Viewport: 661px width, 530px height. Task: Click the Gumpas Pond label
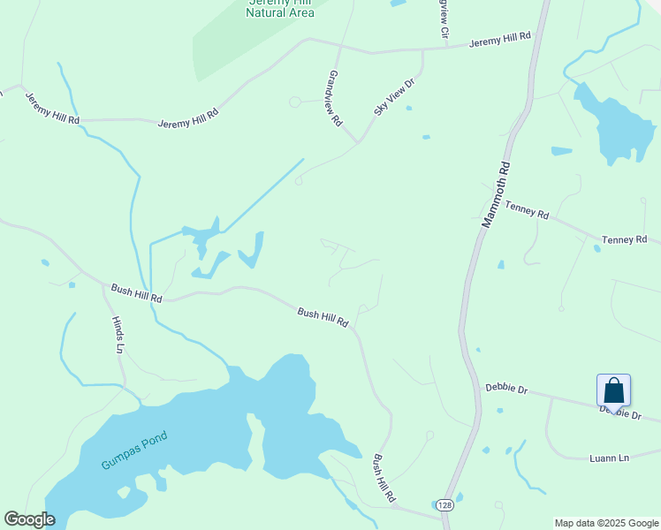point(134,450)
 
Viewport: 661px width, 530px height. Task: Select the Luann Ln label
point(609,458)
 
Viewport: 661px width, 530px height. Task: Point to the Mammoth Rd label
point(495,194)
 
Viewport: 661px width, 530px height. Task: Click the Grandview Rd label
point(335,99)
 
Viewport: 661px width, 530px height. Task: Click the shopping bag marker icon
point(613,391)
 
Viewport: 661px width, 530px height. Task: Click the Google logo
point(29,519)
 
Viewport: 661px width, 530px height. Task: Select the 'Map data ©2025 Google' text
point(606,523)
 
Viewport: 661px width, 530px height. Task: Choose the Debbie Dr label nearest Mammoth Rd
point(506,388)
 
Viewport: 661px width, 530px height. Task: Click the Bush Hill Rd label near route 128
point(384,480)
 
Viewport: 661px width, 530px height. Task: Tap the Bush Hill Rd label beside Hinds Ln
point(136,293)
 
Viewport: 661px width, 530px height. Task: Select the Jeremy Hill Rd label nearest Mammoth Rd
point(499,40)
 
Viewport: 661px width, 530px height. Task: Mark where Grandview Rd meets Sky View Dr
point(358,141)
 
